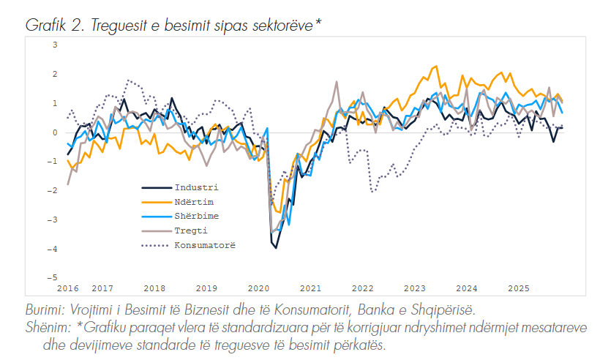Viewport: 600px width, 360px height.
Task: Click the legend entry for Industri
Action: tap(196, 188)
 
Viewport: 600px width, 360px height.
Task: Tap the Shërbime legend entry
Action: tap(197, 216)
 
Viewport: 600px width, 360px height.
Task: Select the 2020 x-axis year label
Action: tap(260, 289)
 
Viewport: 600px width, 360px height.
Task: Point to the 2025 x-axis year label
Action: tap(519, 289)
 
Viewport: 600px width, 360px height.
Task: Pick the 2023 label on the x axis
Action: tap(415, 289)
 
